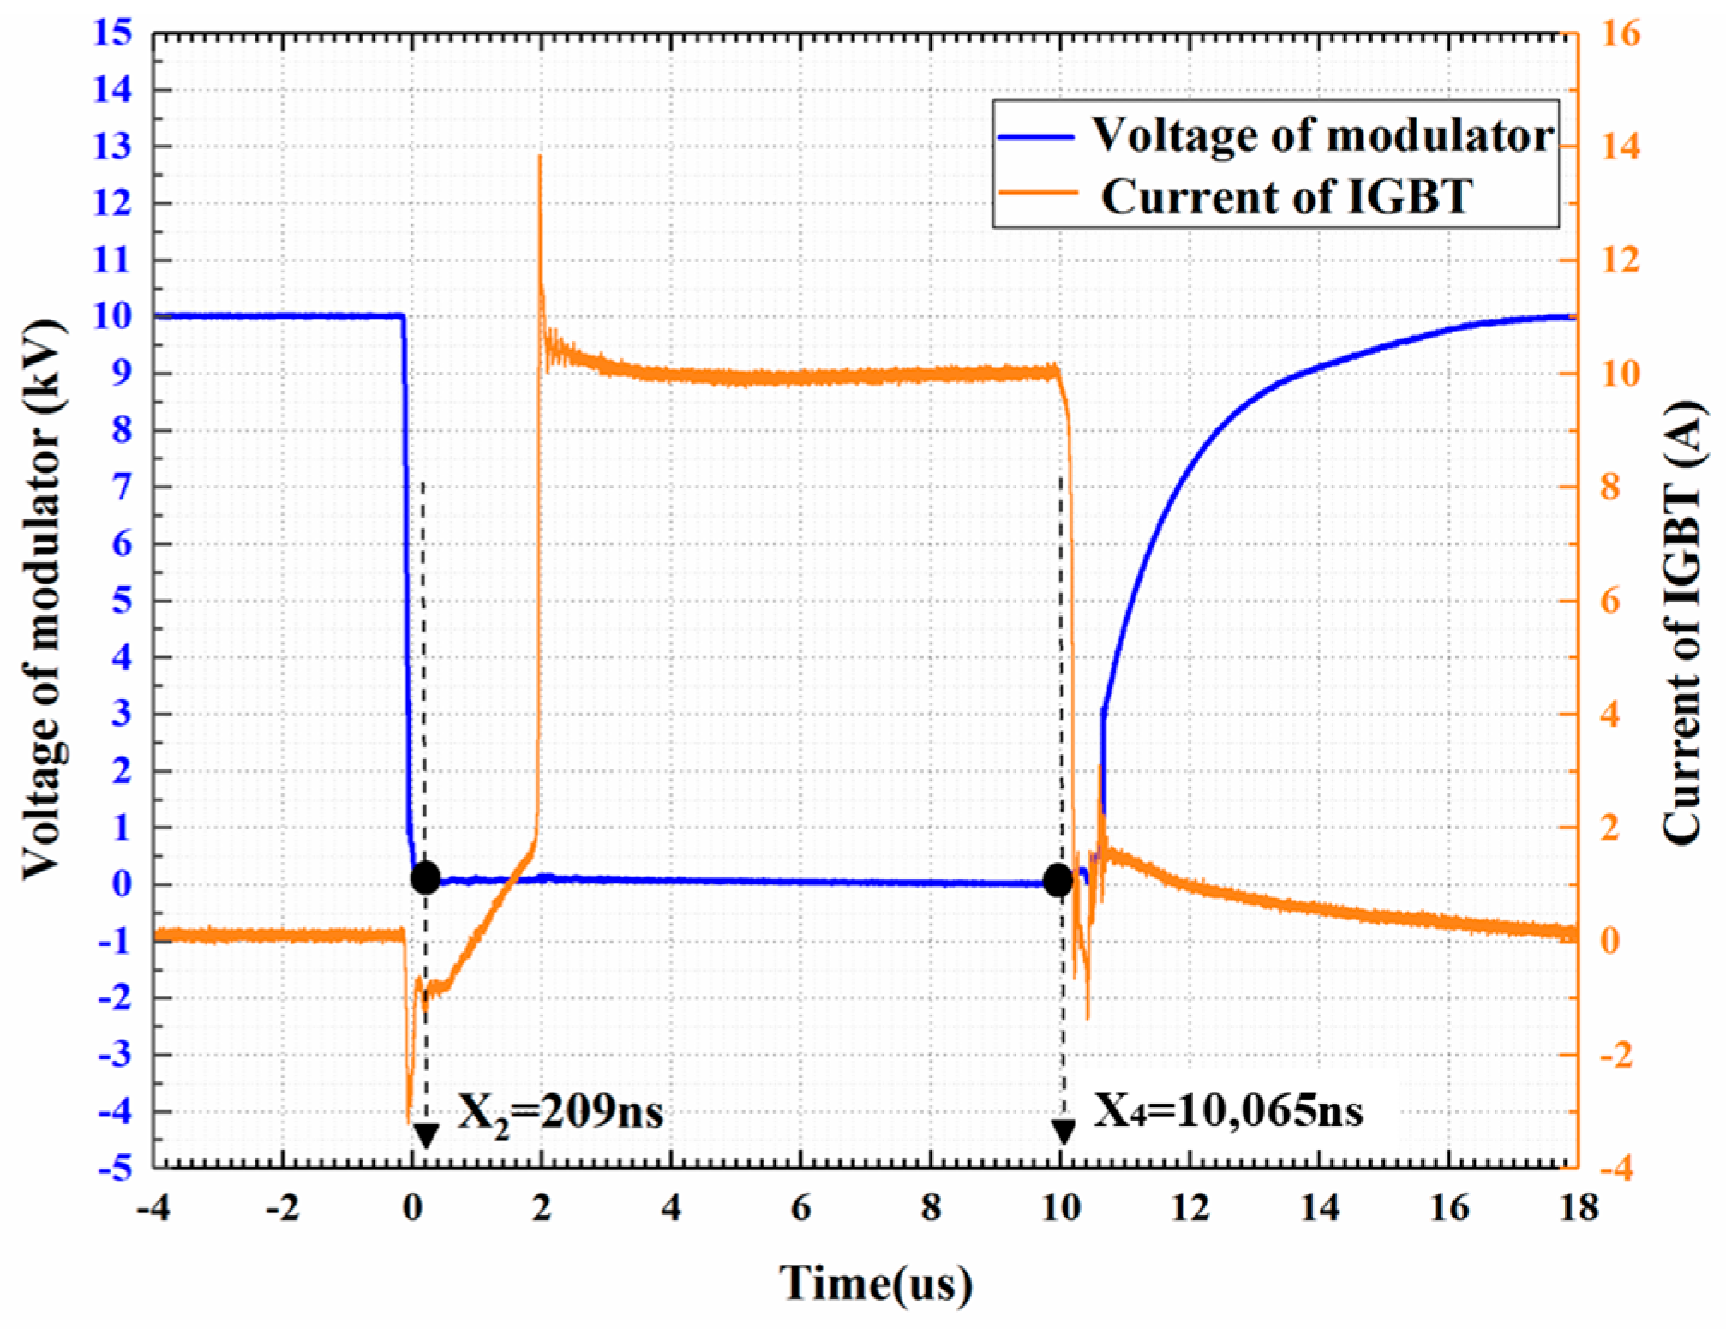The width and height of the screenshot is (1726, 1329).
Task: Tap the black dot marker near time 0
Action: click(426, 878)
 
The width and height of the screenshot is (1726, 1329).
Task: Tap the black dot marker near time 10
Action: click(1058, 880)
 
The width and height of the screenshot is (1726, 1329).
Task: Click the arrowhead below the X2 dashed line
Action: click(426, 1136)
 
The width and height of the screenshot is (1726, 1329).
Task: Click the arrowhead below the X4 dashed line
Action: click(1064, 1132)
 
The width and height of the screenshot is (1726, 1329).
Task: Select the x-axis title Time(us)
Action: click(877, 1284)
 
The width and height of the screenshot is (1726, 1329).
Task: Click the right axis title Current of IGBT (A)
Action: click(1683, 600)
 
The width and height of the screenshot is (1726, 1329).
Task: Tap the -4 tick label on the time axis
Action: click(154, 1208)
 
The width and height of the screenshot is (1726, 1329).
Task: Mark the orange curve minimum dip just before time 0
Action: click(409, 1121)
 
